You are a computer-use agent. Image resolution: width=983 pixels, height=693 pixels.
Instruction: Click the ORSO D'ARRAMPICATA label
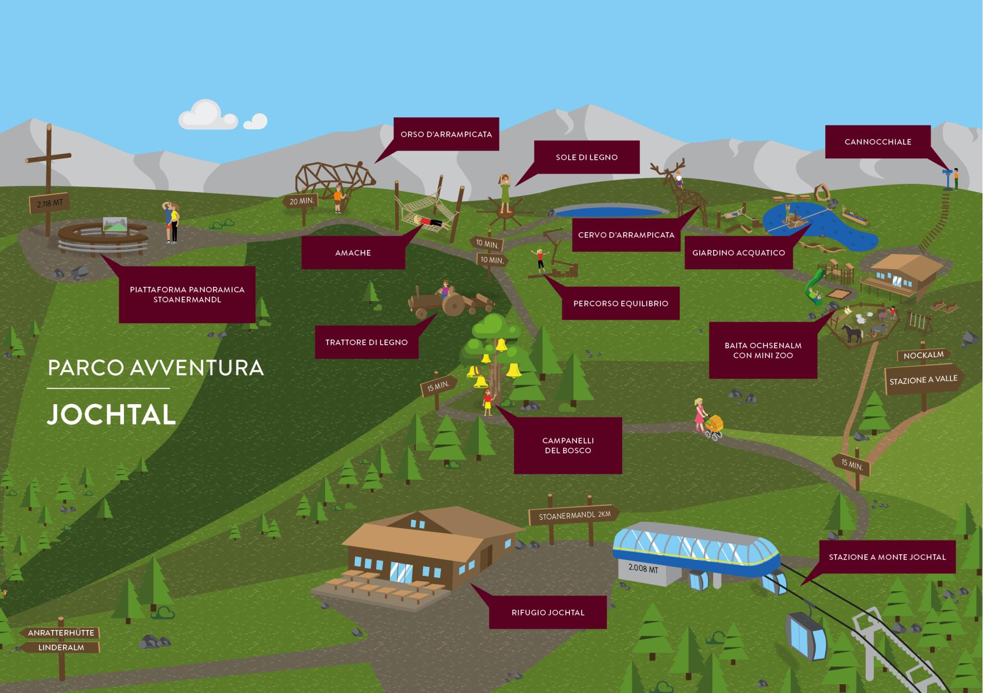(x=446, y=134)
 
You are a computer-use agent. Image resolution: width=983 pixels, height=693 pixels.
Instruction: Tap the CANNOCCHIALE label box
(x=878, y=142)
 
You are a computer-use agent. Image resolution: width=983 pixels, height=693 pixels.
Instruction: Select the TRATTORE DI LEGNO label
(x=366, y=342)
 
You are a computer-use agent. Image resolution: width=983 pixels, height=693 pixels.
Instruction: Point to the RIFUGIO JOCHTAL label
(x=547, y=612)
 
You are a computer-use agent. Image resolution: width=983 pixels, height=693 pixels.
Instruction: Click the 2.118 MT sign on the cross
(x=50, y=203)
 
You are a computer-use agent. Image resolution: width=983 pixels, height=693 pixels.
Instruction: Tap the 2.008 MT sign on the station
(x=643, y=568)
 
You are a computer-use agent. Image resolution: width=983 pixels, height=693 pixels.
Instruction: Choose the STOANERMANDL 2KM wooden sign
(x=574, y=515)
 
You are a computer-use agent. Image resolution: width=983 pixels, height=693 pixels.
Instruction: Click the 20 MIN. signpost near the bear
(x=301, y=201)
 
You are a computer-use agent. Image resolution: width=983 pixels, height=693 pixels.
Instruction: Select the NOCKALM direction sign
(x=923, y=355)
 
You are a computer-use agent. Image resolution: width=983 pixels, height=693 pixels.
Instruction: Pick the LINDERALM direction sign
(x=61, y=647)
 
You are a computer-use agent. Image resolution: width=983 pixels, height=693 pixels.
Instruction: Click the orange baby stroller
(x=714, y=426)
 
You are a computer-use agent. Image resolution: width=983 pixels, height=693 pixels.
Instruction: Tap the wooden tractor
(x=445, y=303)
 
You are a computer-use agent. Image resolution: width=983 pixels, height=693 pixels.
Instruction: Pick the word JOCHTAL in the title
(x=112, y=414)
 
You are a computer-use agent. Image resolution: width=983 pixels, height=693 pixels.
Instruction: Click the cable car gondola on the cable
(x=806, y=635)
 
